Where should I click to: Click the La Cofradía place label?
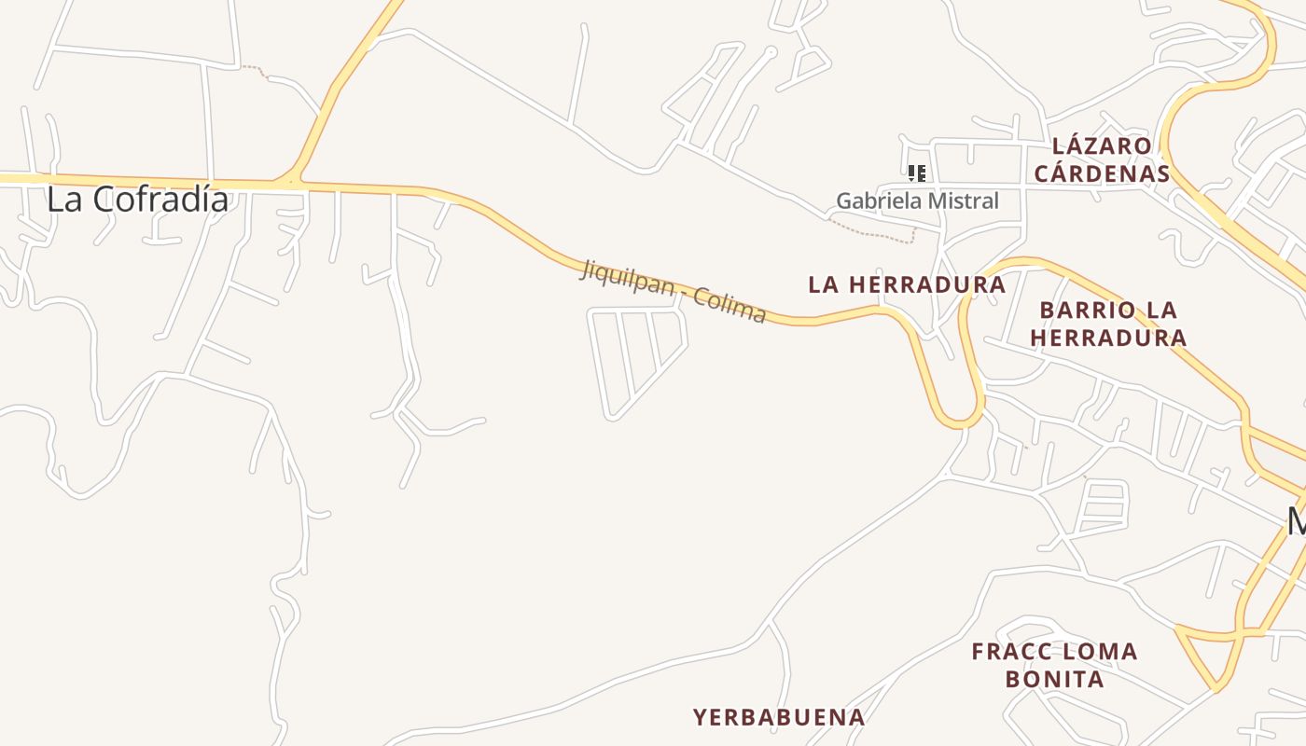click(137, 199)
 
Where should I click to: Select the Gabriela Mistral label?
click(916, 200)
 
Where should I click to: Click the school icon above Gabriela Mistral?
click(917, 173)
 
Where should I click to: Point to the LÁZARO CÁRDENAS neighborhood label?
click(1102, 159)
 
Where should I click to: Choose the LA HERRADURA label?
click(907, 284)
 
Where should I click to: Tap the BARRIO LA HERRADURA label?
click(1108, 323)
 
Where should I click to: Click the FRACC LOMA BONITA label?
click(1055, 665)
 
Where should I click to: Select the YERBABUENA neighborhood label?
click(779, 717)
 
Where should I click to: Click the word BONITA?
click(1055, 678)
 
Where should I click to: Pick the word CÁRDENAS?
click(1102, 173)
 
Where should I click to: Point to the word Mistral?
click(962, 200)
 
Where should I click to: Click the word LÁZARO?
click(1102, 146)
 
